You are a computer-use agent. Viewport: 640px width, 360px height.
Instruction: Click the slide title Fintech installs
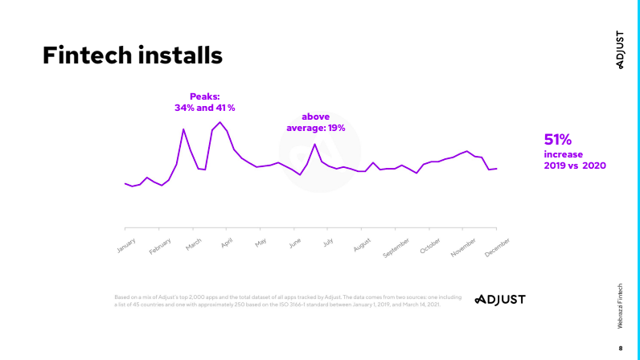click(x=132, y=55)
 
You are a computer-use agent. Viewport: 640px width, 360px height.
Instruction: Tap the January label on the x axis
click(x=126, y=244)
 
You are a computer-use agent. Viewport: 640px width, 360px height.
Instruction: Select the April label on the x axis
click(x=227, y=243)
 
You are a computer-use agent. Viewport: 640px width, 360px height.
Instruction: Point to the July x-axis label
click(x=328, y=242)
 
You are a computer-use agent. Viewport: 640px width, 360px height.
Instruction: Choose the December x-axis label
click(x=497, y=247)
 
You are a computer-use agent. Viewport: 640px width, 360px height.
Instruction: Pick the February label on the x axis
click(x=160, y=246)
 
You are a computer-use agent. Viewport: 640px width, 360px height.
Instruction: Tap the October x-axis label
click(x=430, y=246)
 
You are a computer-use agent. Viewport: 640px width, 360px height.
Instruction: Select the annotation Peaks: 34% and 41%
click(x=204, y=101)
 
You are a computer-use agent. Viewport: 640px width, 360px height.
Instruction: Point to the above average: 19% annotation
click(x=316, y=122)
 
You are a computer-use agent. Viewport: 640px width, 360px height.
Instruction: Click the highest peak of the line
click(x=219, y=122)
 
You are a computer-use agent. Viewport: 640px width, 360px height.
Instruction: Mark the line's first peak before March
click(x=183, y=129)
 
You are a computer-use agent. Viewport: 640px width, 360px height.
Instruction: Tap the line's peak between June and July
click(x=314, y=145)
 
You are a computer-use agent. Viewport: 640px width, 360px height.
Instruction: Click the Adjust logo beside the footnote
click(x=499, y=299)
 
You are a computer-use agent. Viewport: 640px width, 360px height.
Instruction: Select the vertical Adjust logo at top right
click(x=620, y=50)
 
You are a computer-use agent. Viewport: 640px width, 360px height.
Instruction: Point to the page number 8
click(x=620, y=348)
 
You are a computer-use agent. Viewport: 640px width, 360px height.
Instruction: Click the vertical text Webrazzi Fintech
click(x=620, y=305)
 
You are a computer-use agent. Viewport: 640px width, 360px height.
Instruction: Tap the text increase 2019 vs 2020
click(x=575, y=159)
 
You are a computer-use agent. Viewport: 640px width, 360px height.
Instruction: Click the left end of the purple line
click(x=125, y=183)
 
